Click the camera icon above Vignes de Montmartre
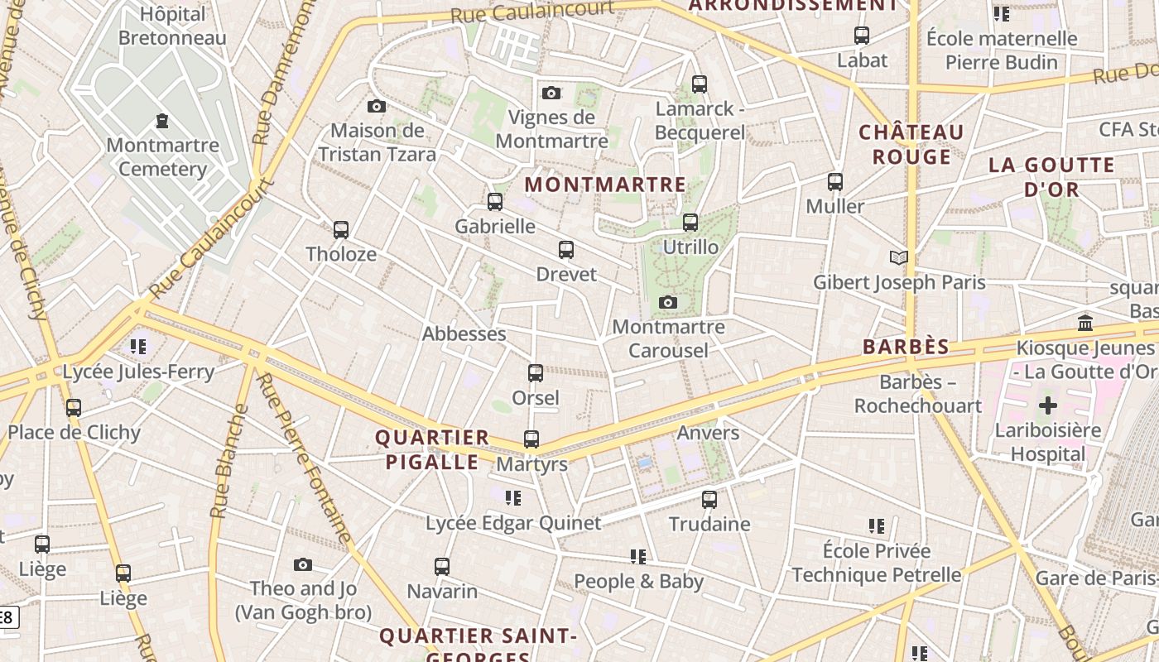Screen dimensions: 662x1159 (551, 93)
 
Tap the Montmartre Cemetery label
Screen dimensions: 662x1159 (163, 157)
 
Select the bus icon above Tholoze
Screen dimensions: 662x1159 (340, 230)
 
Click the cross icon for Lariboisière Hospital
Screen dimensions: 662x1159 (1048, 405)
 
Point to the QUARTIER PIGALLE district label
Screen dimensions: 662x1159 (431, 449)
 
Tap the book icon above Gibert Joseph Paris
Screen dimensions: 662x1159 (898, 257)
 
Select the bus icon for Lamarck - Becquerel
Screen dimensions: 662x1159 (700, 84)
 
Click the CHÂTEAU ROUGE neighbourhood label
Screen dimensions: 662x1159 (911, 144)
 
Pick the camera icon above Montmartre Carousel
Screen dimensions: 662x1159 (668, 303)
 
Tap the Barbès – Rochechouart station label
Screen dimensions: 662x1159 (917, 394)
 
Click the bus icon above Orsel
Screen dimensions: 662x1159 (536, 373)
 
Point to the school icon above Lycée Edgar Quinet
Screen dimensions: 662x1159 (513, 498)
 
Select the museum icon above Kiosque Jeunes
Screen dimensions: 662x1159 (1084, 323)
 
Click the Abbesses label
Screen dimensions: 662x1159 (464, 333)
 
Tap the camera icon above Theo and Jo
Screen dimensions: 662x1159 (303, 564)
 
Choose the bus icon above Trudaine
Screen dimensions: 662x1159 (709, 499)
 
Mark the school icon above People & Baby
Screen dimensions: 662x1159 (637, 557)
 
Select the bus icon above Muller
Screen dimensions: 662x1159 (835, 181)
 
